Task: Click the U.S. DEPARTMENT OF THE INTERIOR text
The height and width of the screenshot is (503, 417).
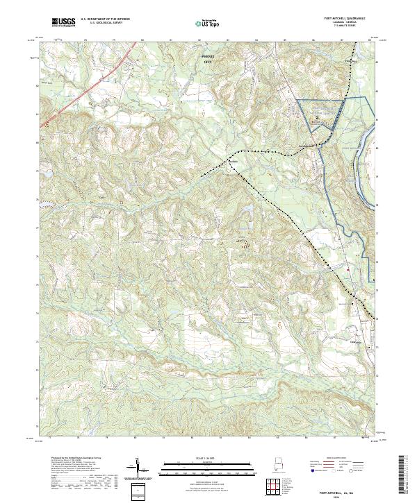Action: pos(105,19)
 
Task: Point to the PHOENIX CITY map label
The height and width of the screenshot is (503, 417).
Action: pos(206,59)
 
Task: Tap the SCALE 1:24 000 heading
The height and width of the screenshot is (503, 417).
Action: pos(206,459)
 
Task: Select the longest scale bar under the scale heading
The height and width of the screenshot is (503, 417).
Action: pos(206,465)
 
